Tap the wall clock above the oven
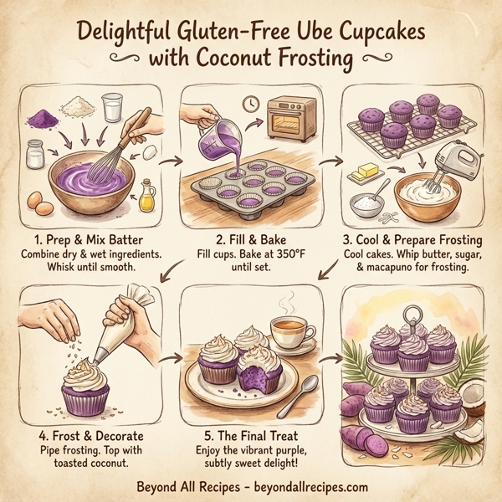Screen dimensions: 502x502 click(252, 105)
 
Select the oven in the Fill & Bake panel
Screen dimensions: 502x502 click(289, 119)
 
